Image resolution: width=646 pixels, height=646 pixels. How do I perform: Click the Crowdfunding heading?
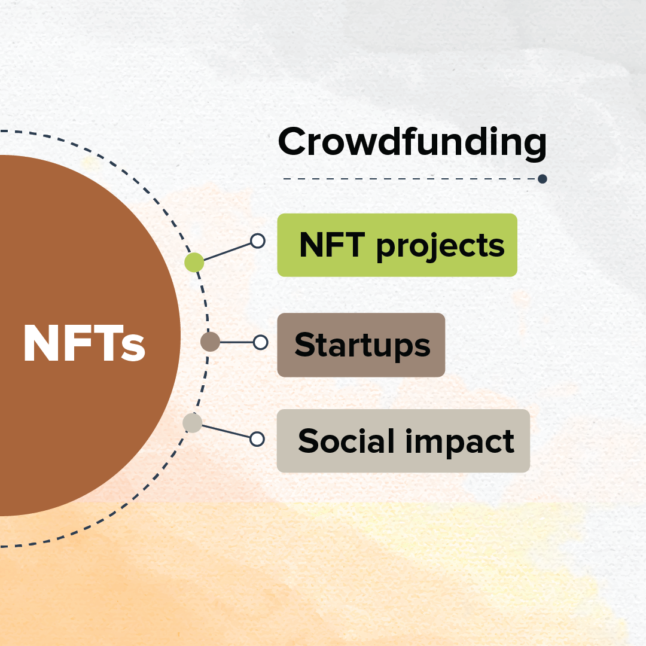tap(412, 142)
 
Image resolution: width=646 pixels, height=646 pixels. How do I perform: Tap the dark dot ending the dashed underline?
tap(542, 179)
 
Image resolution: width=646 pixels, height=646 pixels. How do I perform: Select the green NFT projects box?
tap(397, 245)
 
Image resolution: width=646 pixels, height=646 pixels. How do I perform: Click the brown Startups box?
tap(361, 345)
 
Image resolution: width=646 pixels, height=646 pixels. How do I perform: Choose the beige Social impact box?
tap(403, 441)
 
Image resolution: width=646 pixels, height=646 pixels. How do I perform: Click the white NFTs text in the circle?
tap(84, 343)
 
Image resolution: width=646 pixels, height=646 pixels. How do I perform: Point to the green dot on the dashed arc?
tap(194, 263)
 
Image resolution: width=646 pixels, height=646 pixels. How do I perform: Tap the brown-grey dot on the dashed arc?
tap(210, 342)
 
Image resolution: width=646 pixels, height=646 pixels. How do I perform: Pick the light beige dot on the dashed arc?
tap(193, 423)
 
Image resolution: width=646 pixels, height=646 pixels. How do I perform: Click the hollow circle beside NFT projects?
tap(257, 241)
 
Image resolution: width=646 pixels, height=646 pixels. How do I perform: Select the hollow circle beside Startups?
tap(260, 342)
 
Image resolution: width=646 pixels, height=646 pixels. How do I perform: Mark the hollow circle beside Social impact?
tap(257, 439)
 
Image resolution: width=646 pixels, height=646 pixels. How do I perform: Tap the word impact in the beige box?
tap(460, 441)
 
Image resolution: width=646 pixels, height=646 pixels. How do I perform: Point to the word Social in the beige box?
tap(346, 440)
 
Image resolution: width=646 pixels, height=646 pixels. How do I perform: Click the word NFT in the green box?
tap(332, 244)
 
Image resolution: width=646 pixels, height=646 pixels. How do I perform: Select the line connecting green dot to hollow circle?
tap(227, 252)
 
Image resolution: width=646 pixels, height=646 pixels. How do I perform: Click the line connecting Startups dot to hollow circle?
tap(236, 342)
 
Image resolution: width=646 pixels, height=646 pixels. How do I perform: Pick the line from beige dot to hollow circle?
tap(226, 431)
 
